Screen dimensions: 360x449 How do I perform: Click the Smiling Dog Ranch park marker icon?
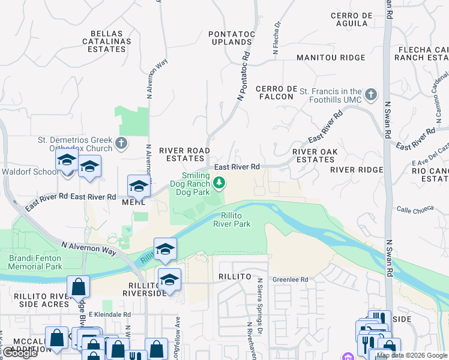click(x=220, y=182)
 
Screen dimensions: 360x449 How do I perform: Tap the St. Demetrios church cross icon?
click(x=121, y=143)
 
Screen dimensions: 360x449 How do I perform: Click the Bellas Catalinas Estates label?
click(x=106, y=41)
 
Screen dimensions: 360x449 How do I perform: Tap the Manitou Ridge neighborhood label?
click(x=331, y=58)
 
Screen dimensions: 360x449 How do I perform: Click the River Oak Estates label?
click(x=313, y=155)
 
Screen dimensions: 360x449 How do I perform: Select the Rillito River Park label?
click(x=232, y=220)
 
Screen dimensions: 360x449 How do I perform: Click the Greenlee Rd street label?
click(x=290, y=280)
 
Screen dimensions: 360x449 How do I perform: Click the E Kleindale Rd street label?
click(x=109, y=314)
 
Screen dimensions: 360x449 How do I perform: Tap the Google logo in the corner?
click(x=21, y=353)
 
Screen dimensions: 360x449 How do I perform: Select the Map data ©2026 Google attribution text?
click(x=411, y=355)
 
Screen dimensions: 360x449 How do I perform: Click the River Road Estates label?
click(x=184, y=154)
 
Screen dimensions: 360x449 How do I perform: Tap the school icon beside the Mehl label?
click(x=138, y=186)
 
